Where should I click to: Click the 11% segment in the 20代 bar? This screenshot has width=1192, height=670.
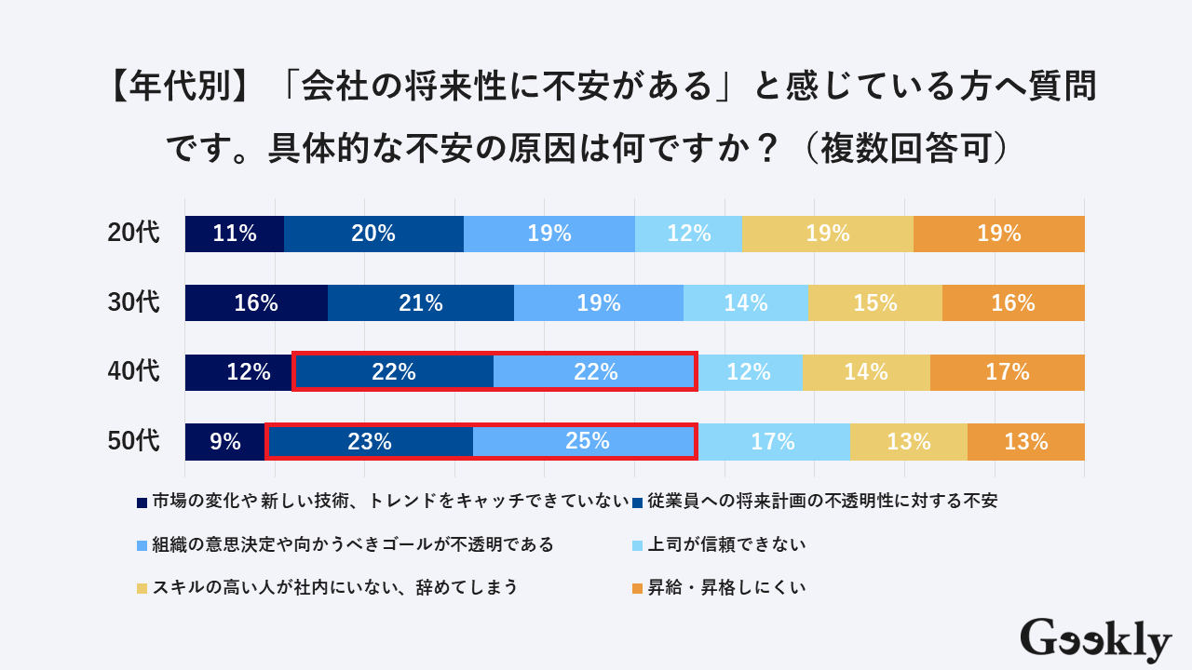(235, 234)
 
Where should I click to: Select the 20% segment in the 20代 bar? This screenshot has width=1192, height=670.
(373, 234)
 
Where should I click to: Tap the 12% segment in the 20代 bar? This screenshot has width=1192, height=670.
(689, 234)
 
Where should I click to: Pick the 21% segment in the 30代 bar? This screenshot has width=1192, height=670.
(420, 303)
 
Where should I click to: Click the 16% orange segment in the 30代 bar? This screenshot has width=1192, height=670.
(1013, 303)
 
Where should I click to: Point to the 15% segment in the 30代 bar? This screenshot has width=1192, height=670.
(874, 303)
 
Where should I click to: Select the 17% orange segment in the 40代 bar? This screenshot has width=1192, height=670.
(1008, 372)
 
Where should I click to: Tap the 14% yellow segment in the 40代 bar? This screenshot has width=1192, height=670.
(866, 372)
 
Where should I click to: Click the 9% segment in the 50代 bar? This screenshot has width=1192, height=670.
(225, 441)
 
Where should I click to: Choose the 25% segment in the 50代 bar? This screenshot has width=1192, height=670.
(587, 441)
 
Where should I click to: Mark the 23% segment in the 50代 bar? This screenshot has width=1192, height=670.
(370, 441)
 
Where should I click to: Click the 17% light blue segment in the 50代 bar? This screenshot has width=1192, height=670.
(773, 441)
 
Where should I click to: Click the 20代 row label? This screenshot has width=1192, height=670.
(134, 234)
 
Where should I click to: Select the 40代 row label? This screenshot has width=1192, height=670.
(134, 372)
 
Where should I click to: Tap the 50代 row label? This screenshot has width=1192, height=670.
(134, 441)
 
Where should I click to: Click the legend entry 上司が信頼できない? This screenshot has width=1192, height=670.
(726, 544)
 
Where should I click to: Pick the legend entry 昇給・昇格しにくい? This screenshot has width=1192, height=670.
(726, 587)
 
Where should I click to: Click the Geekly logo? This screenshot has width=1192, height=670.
(1095, 640)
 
